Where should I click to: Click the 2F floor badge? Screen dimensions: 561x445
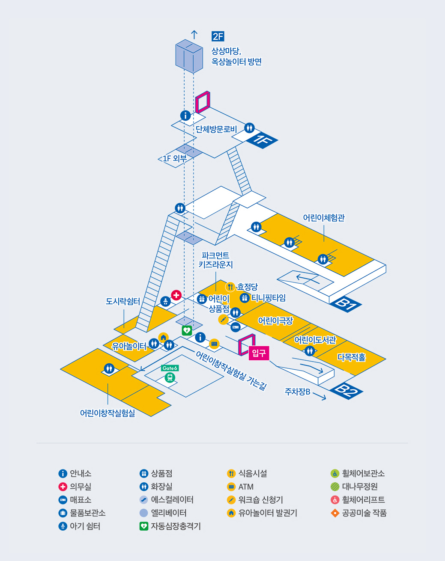click(218, 36)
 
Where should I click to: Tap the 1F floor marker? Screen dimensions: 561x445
click(262, 140)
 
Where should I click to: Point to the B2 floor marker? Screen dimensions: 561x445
click(346, 391)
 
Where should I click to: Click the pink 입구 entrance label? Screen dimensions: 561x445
click(259, 353)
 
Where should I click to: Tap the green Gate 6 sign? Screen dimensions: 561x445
click(170, 368)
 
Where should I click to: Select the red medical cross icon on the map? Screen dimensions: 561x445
click(176, 295)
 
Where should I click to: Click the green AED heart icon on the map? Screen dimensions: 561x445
click(187, 330)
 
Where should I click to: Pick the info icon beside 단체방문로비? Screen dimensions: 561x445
click(185, 116)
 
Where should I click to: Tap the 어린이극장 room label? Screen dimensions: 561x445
click(275, 321)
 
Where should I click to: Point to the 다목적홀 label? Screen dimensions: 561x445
click(351, 357)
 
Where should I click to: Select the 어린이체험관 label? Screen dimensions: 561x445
click(324, 217)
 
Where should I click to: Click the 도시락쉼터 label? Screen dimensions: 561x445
click(123, 301)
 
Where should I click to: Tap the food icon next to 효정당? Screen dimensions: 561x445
click(230, 287)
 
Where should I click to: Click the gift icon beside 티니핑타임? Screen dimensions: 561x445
click(245, 298)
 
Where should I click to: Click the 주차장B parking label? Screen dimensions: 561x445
click(298, 392)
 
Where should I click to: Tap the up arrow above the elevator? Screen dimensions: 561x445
click(194, 35)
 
